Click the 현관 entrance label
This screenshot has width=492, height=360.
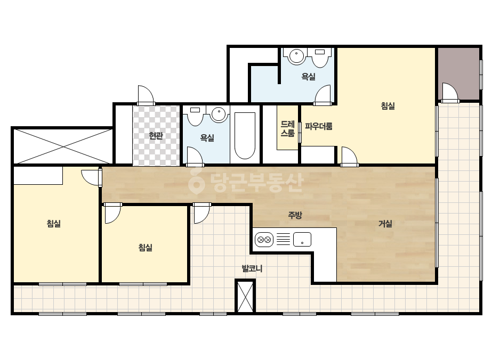[x=156, y=136]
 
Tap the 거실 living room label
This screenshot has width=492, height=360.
[x=385, y=224]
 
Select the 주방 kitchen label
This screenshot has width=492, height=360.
[x=295, y=215]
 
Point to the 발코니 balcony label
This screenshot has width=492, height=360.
[x=252, y=268]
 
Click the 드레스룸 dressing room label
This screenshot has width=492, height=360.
[x=288, y=128]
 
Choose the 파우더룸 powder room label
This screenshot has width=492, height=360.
[x=318, y=126]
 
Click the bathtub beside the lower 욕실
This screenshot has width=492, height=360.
[x=245, y=135]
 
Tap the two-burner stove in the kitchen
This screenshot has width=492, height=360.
[x=264, y=240]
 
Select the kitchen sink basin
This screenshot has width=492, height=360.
[x=302, y=240]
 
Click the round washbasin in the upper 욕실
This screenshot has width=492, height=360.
[x=296, y=56]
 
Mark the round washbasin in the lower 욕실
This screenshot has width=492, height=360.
[x=219, y=114]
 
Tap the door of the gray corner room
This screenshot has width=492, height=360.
[x=450, y=93]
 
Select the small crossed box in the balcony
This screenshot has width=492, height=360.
[x=245, y=297]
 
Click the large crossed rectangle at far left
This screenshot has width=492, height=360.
[x=63, y=146]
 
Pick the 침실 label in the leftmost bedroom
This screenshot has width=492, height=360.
[x=54, y=224]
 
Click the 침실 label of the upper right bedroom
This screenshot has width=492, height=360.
[x=388, y=105]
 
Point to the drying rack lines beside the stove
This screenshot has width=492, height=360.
[x=283, y=240]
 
